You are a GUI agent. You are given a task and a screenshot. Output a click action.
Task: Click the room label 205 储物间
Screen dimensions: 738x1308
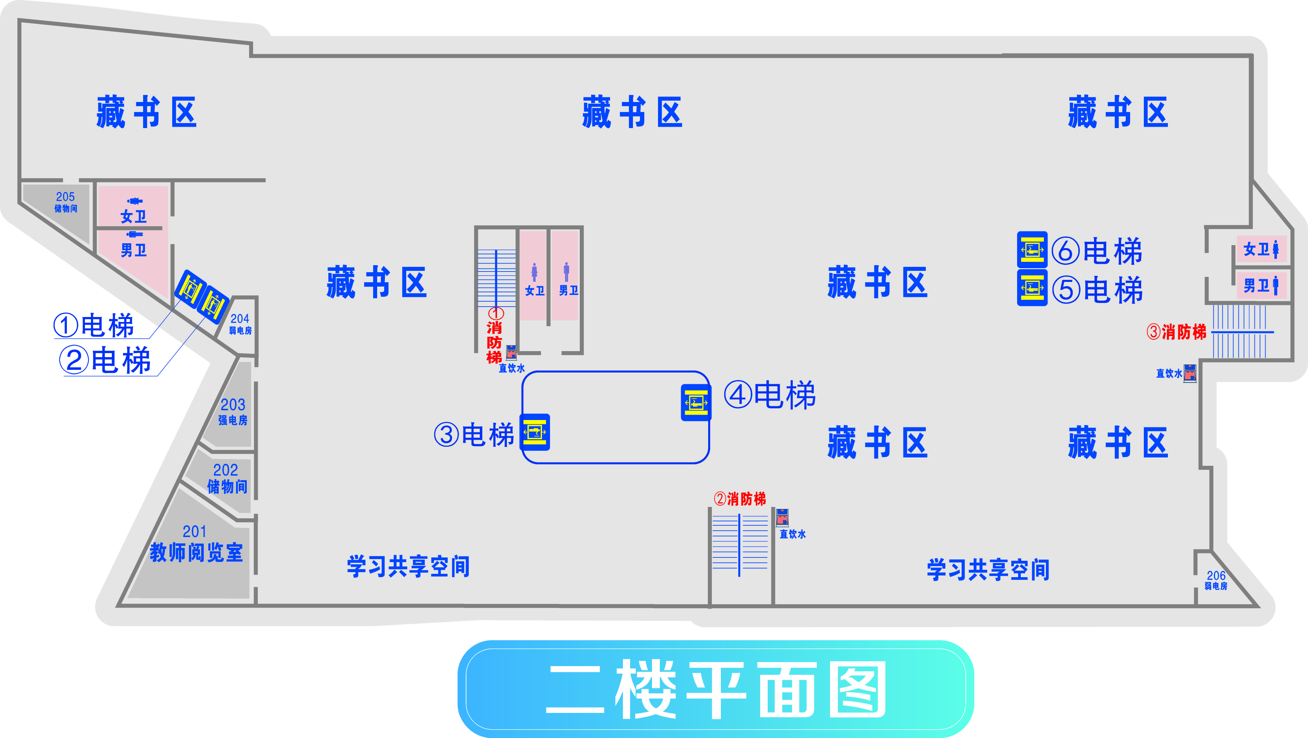(x=66, y=202)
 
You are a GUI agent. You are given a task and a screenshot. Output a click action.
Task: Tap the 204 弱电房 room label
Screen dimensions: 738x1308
(x=240, y=324)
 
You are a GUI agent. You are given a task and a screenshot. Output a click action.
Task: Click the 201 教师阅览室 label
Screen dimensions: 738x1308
(x=196, y=544)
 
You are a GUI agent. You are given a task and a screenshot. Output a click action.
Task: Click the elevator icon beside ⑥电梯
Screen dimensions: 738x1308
(x=1032, y=249)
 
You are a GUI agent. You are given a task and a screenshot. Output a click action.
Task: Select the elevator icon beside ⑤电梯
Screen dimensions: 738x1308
(x=1032, y=288)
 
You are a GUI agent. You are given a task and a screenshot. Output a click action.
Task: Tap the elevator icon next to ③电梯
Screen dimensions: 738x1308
(x=535, y=432)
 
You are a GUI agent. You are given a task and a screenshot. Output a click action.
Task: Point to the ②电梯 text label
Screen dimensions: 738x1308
(x=106, y=360)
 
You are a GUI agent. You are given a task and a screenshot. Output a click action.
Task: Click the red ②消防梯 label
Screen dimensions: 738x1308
(x=740, y=499)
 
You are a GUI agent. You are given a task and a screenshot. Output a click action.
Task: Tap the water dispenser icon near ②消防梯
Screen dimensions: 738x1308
(x=782, y=517)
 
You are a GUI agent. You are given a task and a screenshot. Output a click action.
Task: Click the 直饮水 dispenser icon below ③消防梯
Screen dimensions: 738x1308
(x=1190, y=373)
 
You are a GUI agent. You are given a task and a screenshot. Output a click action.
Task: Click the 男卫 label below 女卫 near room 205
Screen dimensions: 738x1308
(x=133, y=250)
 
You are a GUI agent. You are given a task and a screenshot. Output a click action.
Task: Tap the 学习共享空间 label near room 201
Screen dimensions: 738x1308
(x=408, y=566)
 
